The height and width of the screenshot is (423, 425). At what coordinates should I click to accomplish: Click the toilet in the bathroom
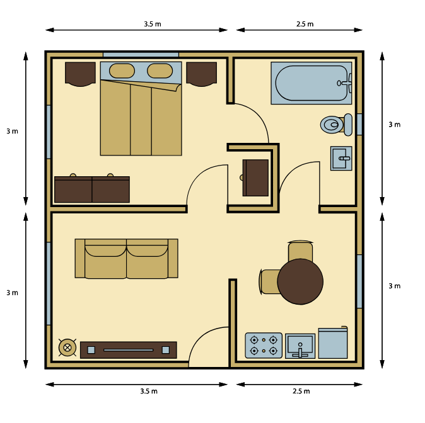(336, 125)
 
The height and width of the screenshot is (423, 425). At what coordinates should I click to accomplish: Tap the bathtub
(311, 83)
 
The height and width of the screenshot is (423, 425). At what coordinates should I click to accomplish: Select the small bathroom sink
(341, 159)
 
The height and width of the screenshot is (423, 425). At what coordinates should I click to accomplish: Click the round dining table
(300, 281)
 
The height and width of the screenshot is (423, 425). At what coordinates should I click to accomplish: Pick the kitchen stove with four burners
(264, 346)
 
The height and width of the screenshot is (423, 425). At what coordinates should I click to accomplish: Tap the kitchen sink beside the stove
(300, 346)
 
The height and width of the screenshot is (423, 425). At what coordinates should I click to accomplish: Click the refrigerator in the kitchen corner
(333, 342)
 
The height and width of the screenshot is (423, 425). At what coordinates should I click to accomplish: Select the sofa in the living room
(126, 259)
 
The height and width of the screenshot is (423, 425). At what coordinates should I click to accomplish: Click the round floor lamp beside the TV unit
(67, 347)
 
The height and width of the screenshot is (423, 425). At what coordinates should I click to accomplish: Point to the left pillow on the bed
(122, 70)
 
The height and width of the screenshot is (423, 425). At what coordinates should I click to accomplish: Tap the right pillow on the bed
(160, 70)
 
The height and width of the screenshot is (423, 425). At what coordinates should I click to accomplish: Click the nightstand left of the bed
(80, 74)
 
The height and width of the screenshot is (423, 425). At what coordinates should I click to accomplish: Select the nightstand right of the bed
(201, 74)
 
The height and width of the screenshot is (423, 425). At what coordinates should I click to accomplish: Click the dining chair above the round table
(300, 251)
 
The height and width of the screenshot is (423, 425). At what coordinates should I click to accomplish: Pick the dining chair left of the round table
(269, 281)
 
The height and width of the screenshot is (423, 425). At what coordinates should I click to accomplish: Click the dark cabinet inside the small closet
(255, 178)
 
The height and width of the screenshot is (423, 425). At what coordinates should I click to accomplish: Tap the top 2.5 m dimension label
(305, 24)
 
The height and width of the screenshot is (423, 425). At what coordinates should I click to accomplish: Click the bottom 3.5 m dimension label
(149, 391)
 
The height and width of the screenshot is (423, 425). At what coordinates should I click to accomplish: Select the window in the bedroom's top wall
(141, 55)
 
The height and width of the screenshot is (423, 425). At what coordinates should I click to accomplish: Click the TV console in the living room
(129, 350)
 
